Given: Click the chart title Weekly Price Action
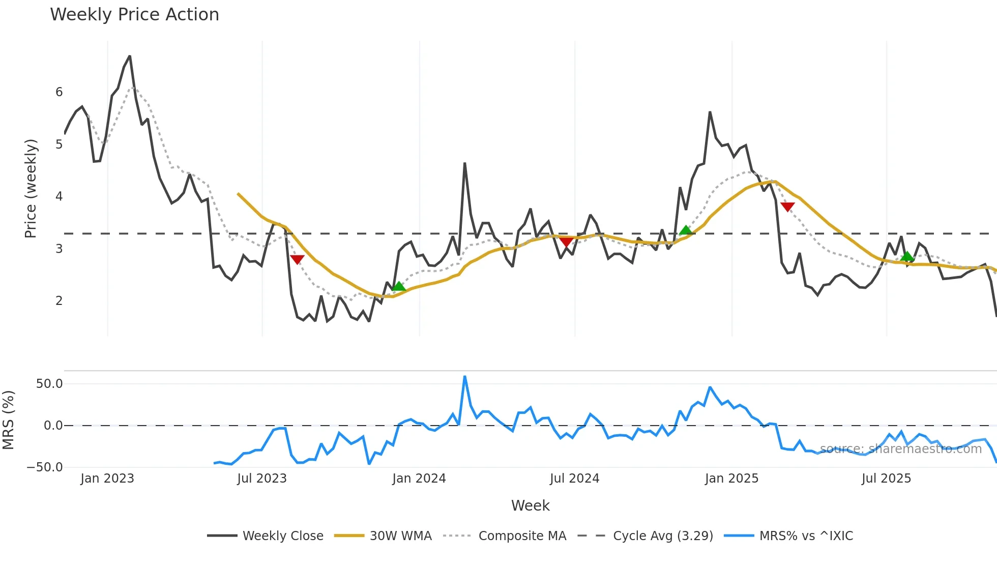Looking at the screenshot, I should coord(134,15).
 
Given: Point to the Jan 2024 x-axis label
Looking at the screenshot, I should coord(419,479).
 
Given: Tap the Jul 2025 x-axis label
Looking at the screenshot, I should coord(886,479).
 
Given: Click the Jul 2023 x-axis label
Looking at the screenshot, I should coord(262,479).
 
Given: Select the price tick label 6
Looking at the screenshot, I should coord(59,92).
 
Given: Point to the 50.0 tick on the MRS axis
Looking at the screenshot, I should coord(49,384).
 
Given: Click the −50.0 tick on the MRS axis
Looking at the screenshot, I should coord(45,467).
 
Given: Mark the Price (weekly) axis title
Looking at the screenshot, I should coord(31,188).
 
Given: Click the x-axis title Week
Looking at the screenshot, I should coord(530,506).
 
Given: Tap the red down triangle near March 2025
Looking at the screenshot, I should coord(787,207).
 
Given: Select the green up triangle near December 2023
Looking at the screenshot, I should coord(399,286).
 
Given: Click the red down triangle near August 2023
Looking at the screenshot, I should coord(297,259).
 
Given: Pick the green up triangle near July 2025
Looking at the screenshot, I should coord(906,256).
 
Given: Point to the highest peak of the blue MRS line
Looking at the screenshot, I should coord(464,377).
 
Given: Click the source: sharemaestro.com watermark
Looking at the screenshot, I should coord(900,449).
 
